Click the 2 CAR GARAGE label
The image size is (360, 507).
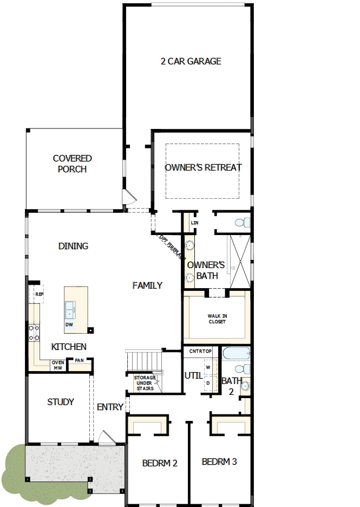(191, 61)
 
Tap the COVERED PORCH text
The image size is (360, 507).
(72, 164)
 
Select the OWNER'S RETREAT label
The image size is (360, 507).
(203, 167)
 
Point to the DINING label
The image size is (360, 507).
(73, 246)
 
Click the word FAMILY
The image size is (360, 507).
(147, 285)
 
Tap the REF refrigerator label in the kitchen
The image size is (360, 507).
(39, 294)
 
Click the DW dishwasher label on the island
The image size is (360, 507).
(69, 325)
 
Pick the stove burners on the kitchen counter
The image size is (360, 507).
(34, 332)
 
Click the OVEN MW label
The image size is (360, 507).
(58, 365)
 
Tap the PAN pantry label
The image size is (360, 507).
(79, 361)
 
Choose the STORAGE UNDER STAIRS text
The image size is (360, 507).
(145, 383)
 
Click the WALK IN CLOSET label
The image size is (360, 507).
(217, 319)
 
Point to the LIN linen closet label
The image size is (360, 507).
(194, 223)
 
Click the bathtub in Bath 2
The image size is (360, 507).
(236, 354)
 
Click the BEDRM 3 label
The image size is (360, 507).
(219, 462)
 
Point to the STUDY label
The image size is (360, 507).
(61, 402)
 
